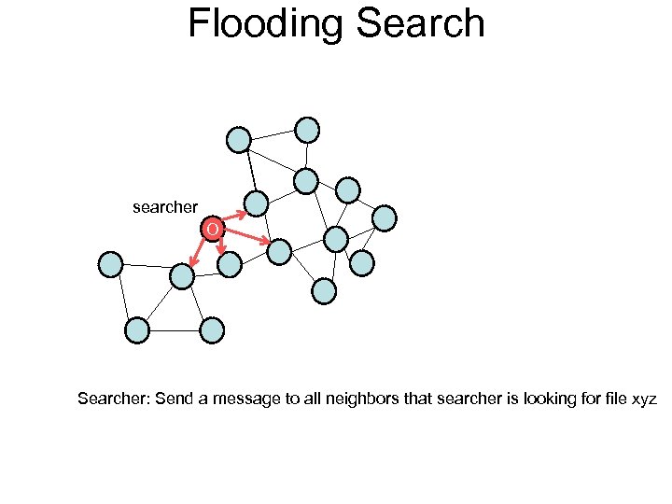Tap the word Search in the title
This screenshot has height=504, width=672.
tap(420, 23)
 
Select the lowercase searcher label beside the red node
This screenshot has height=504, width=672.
tap(165, 207)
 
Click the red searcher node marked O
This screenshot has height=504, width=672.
tap(213, 229)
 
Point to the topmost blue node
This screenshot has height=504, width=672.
tap(307, 129)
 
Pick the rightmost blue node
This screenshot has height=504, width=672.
tap(385, 217)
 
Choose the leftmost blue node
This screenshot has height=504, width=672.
tap(110, 264)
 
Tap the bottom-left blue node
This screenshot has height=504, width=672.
tap(136, 329)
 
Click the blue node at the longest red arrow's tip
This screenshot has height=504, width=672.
tap(279, 250)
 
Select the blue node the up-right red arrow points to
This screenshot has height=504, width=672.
tap(256, 203)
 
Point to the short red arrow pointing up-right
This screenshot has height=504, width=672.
tap(235, 217)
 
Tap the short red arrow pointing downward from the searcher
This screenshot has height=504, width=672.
tap(220, 245)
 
